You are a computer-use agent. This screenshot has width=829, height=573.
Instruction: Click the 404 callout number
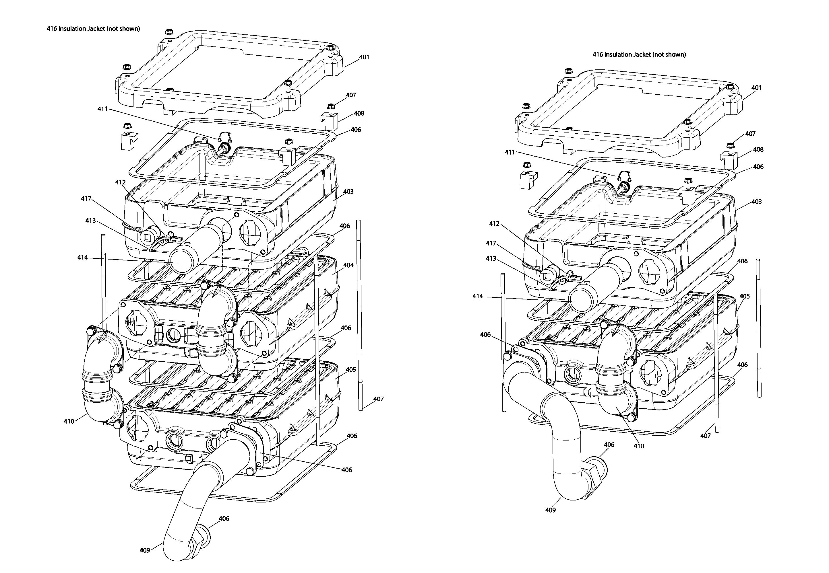(348, 265)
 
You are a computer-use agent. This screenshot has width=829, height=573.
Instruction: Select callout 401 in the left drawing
(364, 57)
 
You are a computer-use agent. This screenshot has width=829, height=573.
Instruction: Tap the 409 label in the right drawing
(550, 510)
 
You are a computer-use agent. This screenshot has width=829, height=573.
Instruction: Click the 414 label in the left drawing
(82, 258)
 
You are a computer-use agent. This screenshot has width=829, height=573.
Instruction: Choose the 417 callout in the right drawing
(491, 243)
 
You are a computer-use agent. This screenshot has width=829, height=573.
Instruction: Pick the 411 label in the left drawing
(102, 109)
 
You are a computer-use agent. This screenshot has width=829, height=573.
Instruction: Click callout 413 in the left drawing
(90, 221)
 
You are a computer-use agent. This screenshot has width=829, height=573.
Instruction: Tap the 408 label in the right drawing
(758, 149)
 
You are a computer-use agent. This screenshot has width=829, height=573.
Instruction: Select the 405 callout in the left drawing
(351, 369)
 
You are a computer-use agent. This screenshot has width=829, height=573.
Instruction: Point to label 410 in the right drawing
(639, 446)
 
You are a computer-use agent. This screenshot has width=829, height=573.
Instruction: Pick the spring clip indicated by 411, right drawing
(624, 176)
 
